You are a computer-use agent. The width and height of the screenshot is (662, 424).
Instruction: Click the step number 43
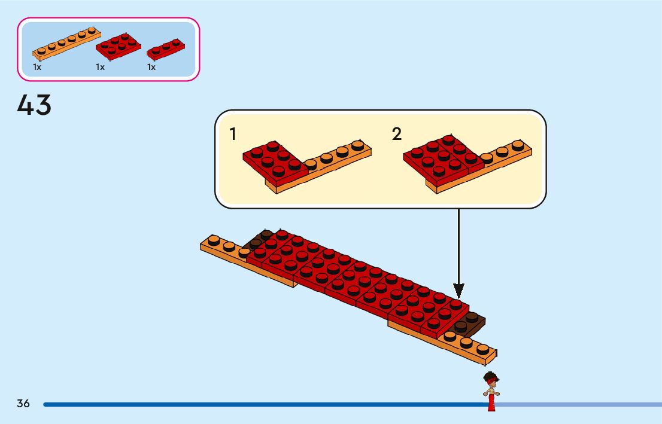pyautogui.click(x=35, y=106)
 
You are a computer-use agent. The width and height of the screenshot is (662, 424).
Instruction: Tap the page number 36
pyautogui.click(x=23, y=403)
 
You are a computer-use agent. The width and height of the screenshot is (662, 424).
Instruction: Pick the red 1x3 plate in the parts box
pyautogui.click(x=165, y=49)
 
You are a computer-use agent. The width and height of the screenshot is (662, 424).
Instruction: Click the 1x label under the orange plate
pyautogui.click(x=37, y=68)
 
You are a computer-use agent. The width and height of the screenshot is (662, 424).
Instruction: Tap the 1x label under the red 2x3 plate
pyautogui.click(x=100, y=68)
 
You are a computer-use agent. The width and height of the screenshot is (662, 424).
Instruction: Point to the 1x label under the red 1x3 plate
pyautogui.click(x=151, y=68)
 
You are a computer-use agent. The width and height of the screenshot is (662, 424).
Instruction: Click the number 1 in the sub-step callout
pyautogui.click(x=233, y=135)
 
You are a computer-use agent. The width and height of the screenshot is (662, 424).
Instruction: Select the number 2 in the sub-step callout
pyautogui.click(x=397, y=135)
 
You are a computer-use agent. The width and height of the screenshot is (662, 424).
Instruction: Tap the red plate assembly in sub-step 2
pyautogui.click(x=442, y=158)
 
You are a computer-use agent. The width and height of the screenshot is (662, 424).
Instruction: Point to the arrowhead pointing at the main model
pyautogui.click(x=458, y=291)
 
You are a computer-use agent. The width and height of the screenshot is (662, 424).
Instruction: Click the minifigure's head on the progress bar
pyautogui.click(x=491, y=380)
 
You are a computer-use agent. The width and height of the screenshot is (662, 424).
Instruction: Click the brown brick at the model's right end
pyautogui.click(x=470, y=323)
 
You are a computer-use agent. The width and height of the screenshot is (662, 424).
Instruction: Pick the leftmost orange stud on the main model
pyautogui.click(x=212, y=240)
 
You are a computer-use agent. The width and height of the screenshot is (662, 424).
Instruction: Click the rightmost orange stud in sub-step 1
pyautogui.click(x=358, y=145)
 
